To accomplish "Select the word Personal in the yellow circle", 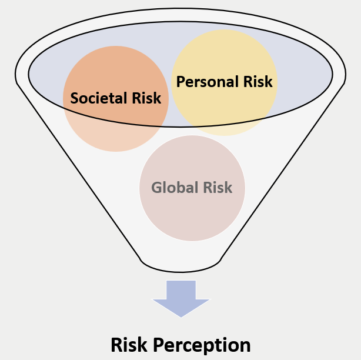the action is tap(206, 81).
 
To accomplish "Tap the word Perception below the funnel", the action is tap(203, 345).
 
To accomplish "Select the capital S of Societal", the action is tap(75, 98).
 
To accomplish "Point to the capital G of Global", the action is tap(156, 188).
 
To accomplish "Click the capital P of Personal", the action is tap(182, 81).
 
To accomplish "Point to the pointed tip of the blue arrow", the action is tap(180, 316).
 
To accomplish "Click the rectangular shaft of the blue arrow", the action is tap(180, 289).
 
